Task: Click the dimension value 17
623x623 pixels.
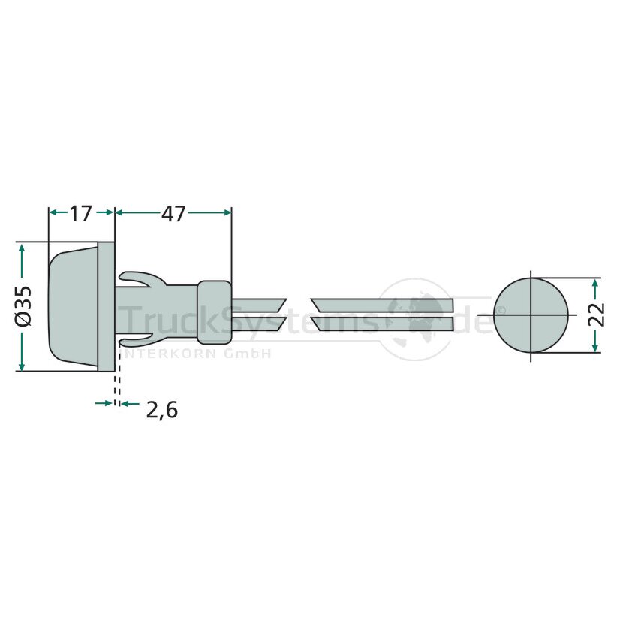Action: click(81, 214)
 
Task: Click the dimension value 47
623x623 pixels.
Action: click(173, 214)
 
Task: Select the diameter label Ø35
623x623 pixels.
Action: click(23, 307)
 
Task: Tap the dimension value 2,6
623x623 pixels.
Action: click(161, 410)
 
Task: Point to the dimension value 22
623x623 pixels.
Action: click(597, 315)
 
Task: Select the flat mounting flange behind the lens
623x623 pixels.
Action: click(106, 307)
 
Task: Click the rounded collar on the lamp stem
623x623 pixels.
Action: click(214, 312)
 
